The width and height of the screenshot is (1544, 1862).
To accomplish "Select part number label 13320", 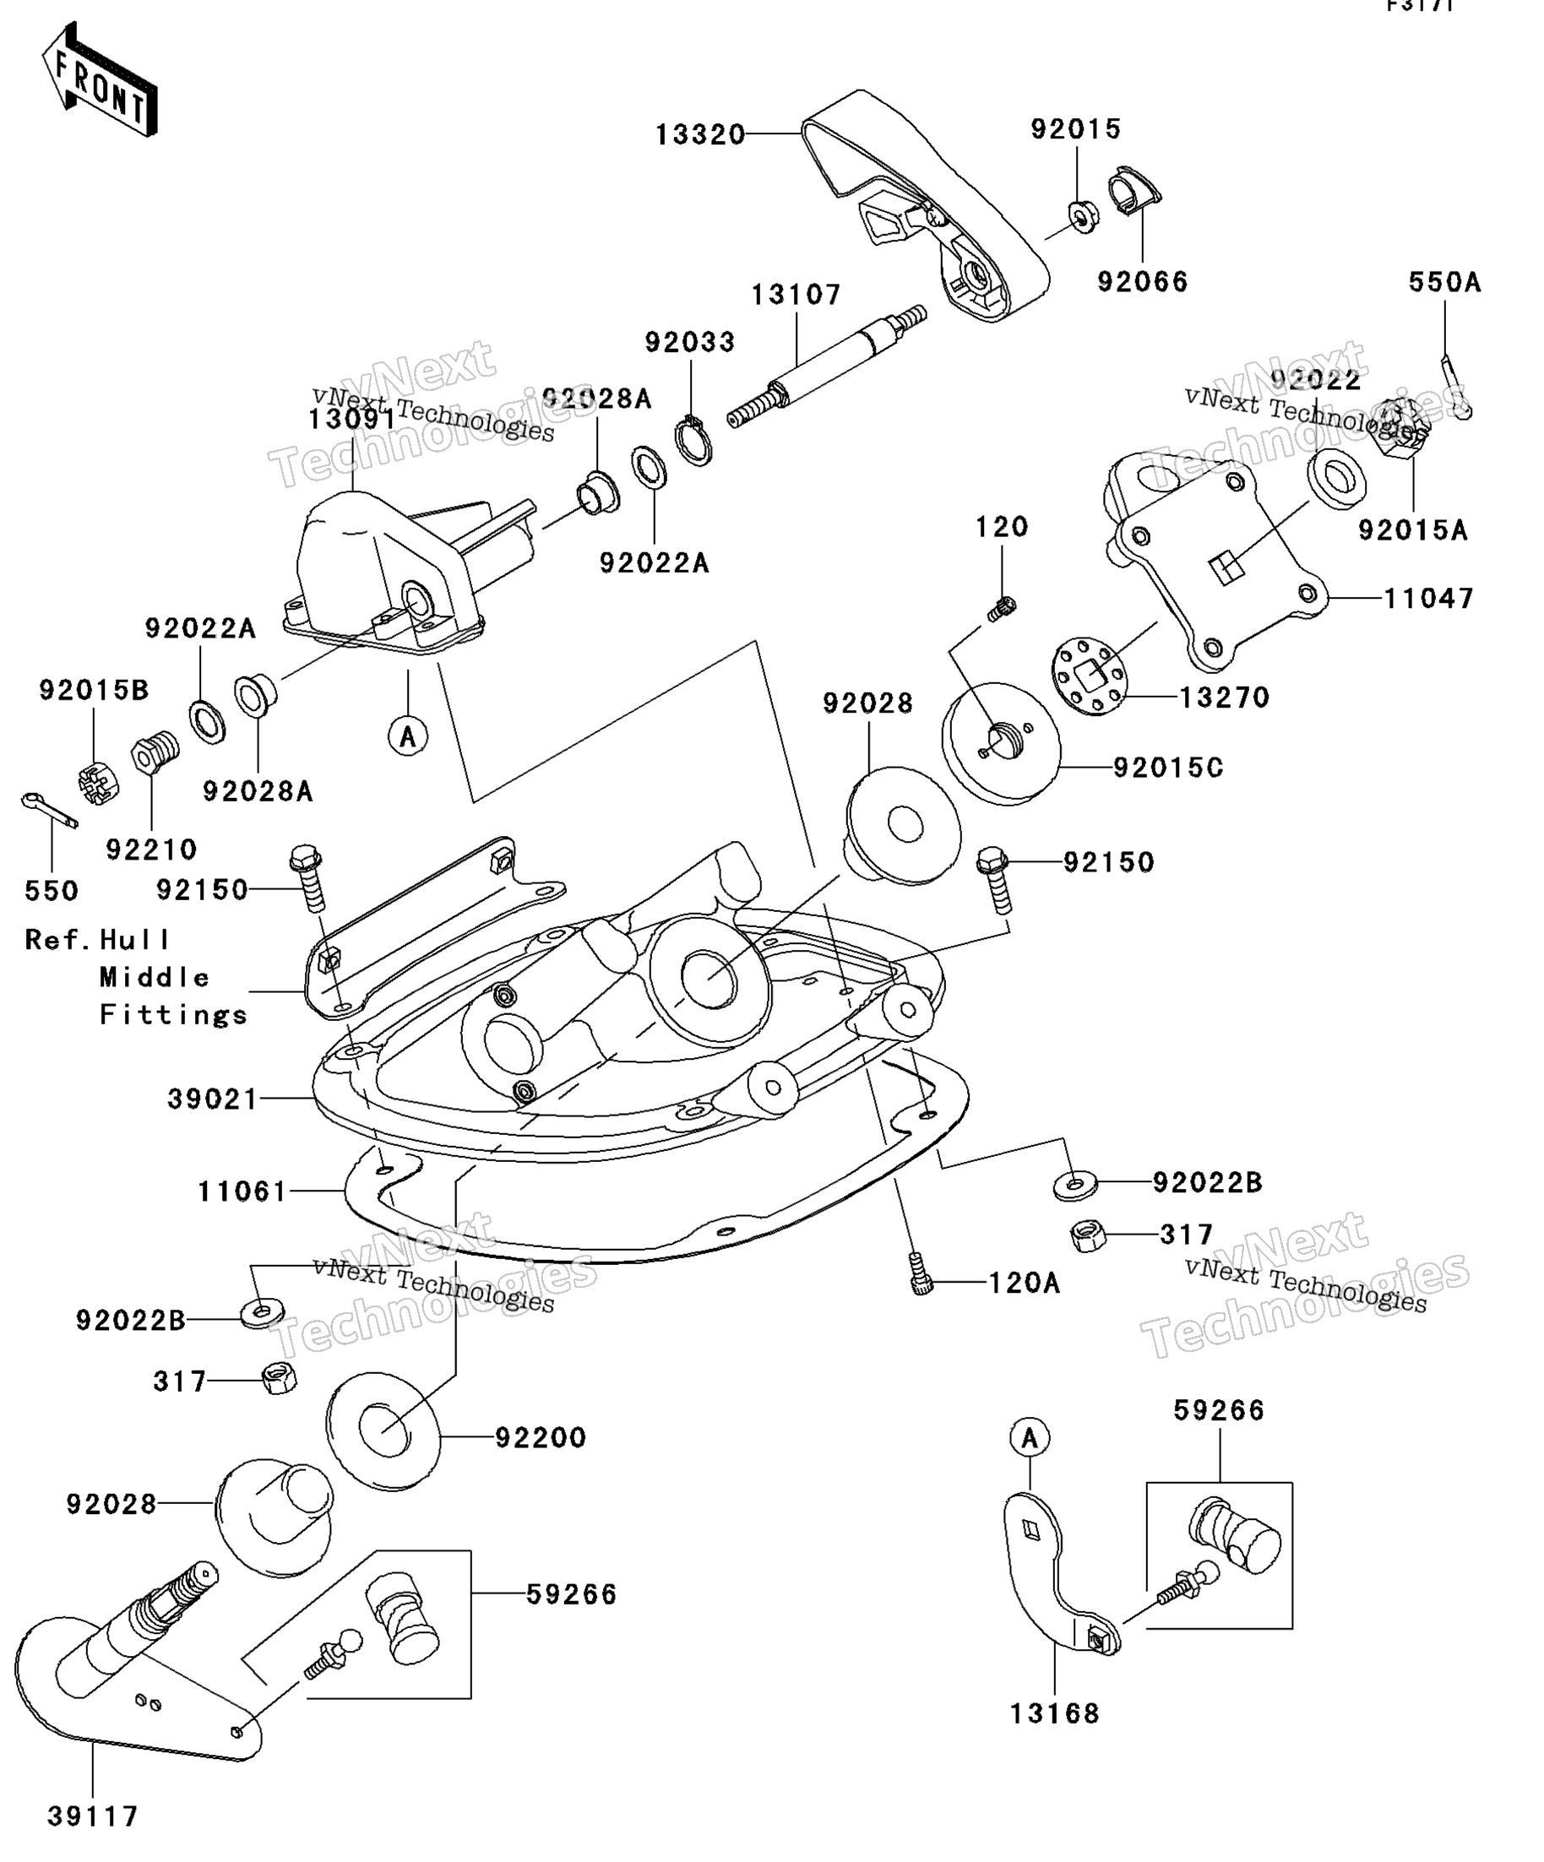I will (699, 135).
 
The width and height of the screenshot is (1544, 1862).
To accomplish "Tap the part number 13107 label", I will (796, 295).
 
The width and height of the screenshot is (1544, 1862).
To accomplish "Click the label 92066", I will (1142, 282).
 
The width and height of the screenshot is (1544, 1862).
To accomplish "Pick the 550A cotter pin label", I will (1444, 283).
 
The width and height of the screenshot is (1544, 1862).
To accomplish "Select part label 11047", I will (1427, 599).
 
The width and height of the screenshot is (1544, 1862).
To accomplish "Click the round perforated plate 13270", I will (1090, 677).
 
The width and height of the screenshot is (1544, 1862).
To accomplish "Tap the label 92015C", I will (1168, 767).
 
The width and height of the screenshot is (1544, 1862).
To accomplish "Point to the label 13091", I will (351, 420).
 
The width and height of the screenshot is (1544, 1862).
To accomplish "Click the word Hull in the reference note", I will (134, 939).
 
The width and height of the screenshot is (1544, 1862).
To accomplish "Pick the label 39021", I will (213, 1099).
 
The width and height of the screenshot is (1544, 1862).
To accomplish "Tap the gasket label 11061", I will (242, 1191).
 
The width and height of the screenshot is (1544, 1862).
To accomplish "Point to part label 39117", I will (93, 1816).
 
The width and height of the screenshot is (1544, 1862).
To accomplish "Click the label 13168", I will (1054, 1714).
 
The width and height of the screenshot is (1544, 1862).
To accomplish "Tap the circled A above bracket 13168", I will (1030, 1438).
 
